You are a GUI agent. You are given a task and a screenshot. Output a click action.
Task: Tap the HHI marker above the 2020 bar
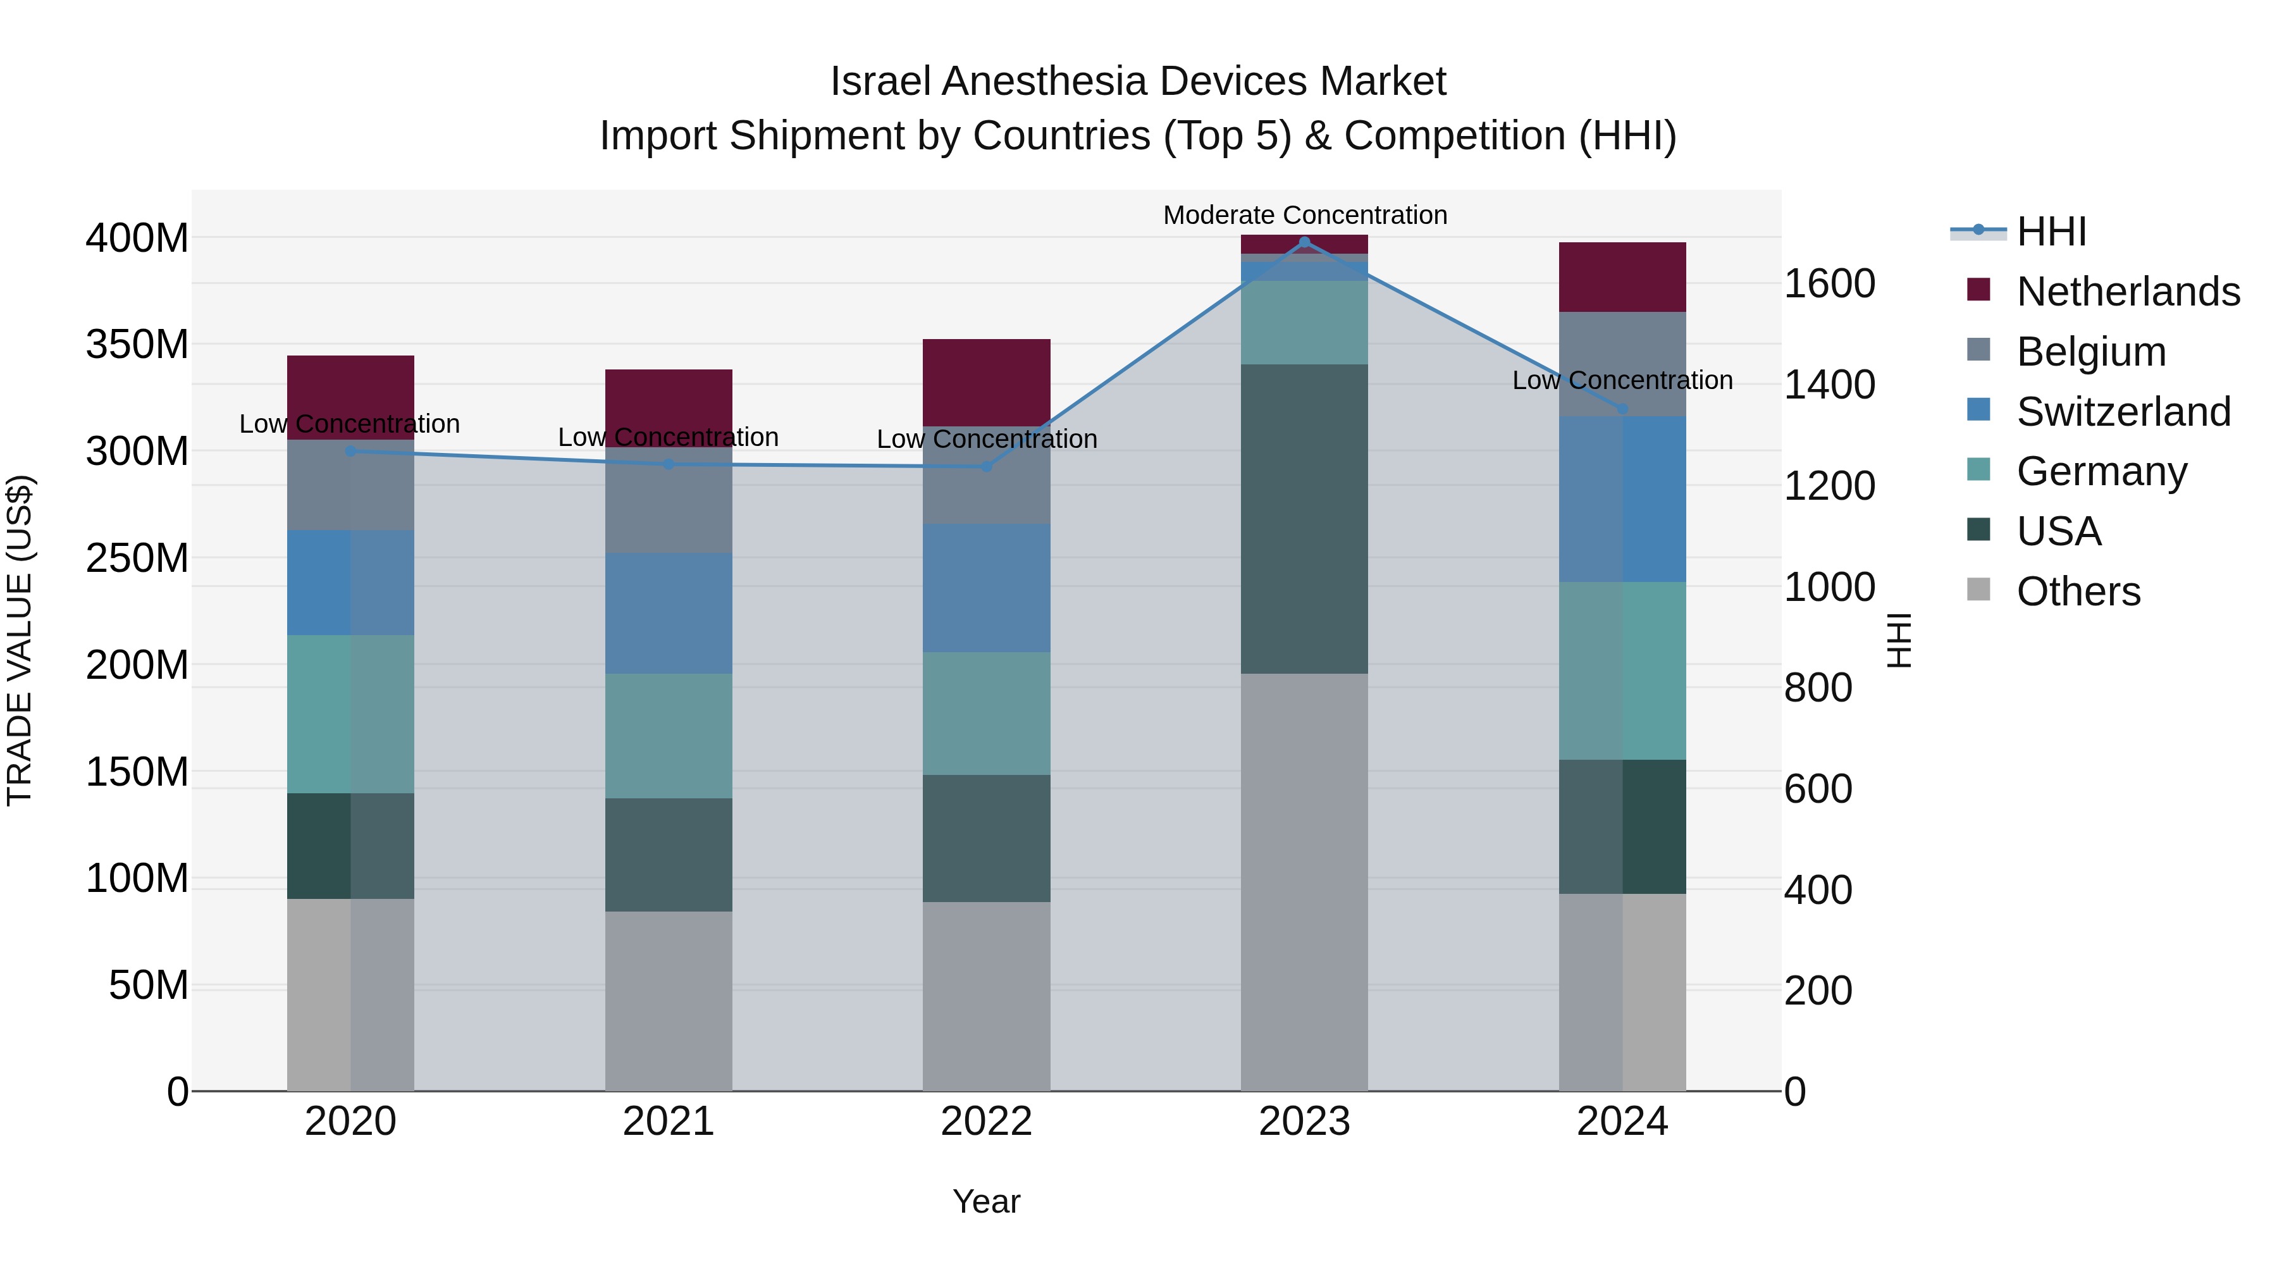click(x=351, y=451)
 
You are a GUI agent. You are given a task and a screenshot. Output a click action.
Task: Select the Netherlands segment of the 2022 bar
click(x=987, y=382)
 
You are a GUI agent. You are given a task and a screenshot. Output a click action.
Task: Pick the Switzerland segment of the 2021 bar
click(x=669, y=614)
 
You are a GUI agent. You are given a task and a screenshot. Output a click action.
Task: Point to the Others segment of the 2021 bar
click(x=669, y=1001)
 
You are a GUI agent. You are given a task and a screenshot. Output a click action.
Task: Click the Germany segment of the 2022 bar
click(x=987, y=714)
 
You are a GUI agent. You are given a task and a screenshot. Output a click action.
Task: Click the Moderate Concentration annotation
click(x=1305, y=215)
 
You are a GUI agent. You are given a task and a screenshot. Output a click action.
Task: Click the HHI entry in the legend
click(x=2051, y=232)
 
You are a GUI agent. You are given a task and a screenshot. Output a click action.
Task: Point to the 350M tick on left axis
click(x=137, y=344)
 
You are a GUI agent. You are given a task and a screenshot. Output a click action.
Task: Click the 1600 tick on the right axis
click(x=1829, y=284)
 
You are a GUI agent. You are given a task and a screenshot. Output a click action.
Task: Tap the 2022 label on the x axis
click(x=987, y=1121)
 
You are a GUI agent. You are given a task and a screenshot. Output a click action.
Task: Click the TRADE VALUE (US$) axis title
click(x=20, y=640)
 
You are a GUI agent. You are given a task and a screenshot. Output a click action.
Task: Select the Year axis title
click(x=987, y=1201)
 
